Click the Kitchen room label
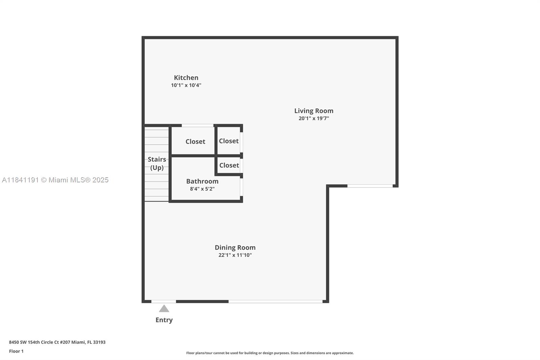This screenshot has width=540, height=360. (186, 78)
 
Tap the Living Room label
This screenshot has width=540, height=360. (314, 111)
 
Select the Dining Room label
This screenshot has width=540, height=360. (235, 248)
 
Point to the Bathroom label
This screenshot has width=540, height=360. (202, 181)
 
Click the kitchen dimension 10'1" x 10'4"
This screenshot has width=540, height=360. (186, 85)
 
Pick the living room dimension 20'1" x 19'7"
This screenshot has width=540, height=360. (314, 119)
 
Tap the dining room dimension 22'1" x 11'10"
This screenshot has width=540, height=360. (235, 255)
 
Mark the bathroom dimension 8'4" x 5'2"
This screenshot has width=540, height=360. (202, 189)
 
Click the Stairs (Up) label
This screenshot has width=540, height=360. (157, 163)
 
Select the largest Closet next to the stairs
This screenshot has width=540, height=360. (195, 142)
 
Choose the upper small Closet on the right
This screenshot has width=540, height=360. (228, 141)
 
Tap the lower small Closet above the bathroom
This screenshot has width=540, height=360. (229, 165)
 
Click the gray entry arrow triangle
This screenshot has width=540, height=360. (164, 309)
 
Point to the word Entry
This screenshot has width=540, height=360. (164, 320)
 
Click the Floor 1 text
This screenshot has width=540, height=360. (16, 351)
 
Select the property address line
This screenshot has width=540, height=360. (57, 342)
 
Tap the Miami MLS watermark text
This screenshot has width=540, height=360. (55, 180)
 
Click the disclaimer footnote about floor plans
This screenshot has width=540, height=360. (270, 353)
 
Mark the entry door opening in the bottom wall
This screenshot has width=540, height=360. (164, 301)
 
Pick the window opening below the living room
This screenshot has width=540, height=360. (370, 186)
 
